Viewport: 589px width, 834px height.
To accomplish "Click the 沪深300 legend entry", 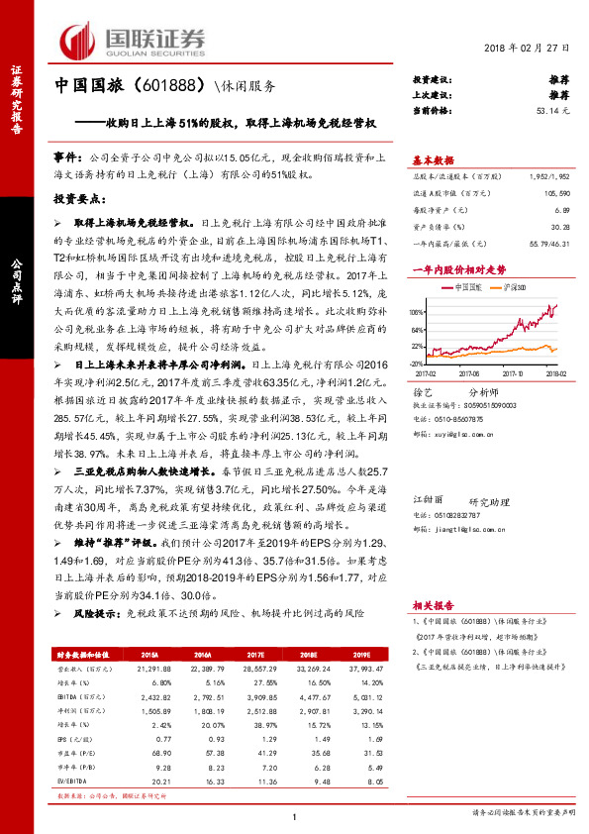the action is (x=516, y=285).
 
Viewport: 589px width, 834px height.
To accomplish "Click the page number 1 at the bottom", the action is (x=294, y=815).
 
